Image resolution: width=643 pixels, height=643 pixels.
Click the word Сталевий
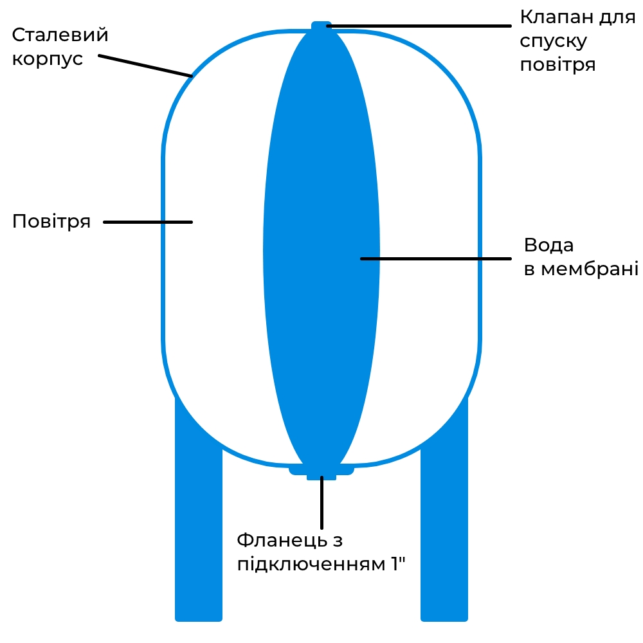(x=60, y=35)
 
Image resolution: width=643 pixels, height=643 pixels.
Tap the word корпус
(x=48, y=59)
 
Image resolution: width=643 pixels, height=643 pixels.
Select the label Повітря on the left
(x=51, y=221)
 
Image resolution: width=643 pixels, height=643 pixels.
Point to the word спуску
(x=554, y=41)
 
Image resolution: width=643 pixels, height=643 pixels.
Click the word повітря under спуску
(x=557, y=65)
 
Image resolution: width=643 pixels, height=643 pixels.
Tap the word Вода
(x=548, y=245)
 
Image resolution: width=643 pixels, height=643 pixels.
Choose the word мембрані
(x=590, y=269)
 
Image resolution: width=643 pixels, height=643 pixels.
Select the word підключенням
(x=311, y=565)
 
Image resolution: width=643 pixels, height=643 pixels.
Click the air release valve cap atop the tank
(x=321, y=26)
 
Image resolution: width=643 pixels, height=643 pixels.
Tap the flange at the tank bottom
(x=321, y=471)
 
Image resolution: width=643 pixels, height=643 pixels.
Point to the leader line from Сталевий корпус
(x=145, y=66)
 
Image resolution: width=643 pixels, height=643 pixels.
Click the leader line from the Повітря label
(x=148, y=222)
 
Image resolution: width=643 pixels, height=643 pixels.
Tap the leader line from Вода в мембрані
(x=436, y=258)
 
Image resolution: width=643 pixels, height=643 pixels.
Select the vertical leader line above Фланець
(x=322, y=503)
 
